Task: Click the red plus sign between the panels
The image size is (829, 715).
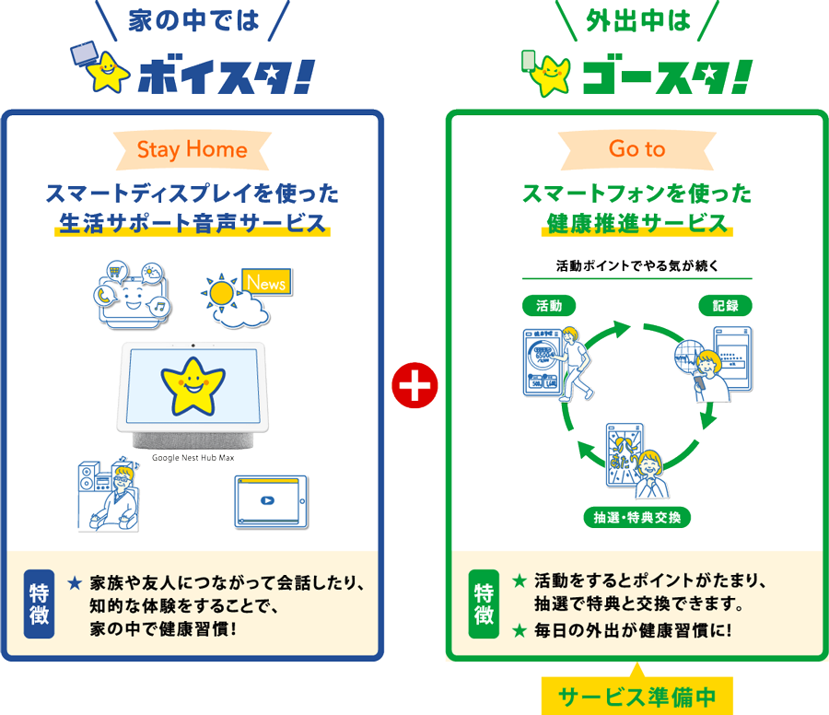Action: [x=414, y=385]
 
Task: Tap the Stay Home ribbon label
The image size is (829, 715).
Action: [x=192, y=149]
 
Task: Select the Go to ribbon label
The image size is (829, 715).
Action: [x=636, y=149]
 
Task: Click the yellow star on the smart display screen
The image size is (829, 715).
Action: [x=193, y=384]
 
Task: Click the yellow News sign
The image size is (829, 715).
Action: [x=266, y=283]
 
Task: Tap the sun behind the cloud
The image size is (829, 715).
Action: [x=221, y=294]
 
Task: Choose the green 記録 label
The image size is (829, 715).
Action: [x=725, y=306]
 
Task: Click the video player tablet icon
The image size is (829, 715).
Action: [x=269, y=501]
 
